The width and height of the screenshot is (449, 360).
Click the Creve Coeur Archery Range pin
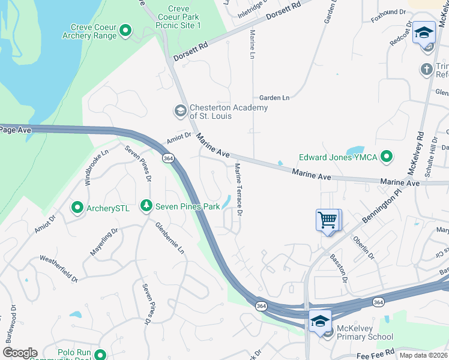point(125,30)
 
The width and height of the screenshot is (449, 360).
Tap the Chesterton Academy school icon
point(179,111)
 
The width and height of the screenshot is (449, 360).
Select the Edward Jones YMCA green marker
point(387,158)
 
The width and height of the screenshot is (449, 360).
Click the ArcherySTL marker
point(77,208)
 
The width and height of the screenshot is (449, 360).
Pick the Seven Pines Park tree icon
point(146,206)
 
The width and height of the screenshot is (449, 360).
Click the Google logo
point(20,353)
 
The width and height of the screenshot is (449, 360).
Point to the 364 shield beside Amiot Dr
point(168,158)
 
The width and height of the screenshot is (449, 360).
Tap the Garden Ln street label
point(274,97)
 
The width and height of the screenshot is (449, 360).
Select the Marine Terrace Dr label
point(238,190)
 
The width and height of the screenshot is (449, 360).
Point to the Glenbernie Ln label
point(170,238)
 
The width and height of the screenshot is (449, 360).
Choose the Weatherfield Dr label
point(59,268)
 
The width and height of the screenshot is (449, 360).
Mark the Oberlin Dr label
point(364,247)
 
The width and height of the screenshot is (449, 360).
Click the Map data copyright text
point(423,355)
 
